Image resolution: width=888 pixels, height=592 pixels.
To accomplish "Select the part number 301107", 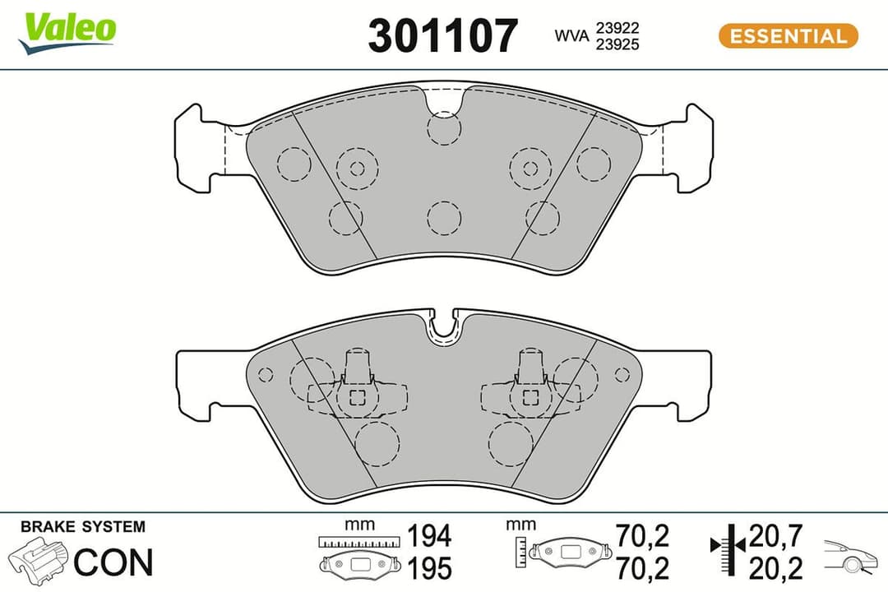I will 443,36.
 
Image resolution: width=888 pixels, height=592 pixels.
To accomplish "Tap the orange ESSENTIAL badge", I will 789,36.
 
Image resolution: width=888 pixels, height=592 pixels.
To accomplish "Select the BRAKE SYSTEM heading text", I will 82,527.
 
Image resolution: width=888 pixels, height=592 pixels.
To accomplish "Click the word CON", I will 113,562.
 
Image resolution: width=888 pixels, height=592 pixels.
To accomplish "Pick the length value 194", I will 429,536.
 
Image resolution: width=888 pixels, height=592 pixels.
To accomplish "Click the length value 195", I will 429,568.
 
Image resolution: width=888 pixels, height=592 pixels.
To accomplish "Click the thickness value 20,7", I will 775,538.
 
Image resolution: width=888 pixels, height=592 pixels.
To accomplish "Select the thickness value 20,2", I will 775,567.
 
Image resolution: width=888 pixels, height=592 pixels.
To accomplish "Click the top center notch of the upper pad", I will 444,99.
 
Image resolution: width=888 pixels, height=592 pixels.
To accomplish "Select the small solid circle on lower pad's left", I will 265,375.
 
